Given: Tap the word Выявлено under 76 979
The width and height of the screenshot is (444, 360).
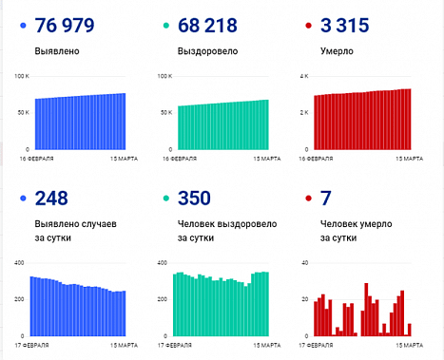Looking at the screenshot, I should (56, 52).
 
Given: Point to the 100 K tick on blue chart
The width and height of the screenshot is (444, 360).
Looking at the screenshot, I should (24, 75).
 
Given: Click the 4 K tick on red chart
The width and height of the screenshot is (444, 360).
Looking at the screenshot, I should (305, 75).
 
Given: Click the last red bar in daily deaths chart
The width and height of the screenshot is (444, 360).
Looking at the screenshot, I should (409, 330).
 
